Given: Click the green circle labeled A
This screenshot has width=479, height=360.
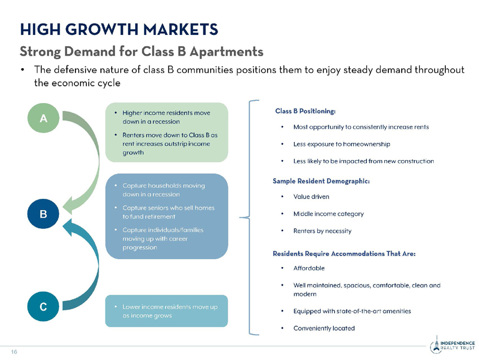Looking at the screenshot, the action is pyautogui.click(x=43, y=118).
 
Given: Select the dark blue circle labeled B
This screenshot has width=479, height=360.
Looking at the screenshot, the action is pyautogui.click(x=43, y=214).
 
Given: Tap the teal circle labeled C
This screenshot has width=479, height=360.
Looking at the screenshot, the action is pyautogui.click(x=43, y=306).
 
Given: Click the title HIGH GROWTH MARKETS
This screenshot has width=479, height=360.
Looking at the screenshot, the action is pyautogui.click(x=119, y=30).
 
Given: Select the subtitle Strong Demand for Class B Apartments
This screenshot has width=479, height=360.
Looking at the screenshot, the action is pyautogui.click(x=141, y=51).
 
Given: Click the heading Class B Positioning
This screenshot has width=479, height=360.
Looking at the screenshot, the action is pyautogui.click(x=305, y=111).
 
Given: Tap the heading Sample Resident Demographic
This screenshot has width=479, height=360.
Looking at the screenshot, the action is pyautogui.click(x=321, y=181).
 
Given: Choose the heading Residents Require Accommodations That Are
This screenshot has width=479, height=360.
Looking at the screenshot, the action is pyautogui.click(x=344, y=254).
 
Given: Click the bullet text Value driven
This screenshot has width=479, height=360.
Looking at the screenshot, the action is pyautogui.click(x=311, y=197).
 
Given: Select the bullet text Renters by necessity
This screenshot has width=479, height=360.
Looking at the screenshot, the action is pyautogui.click(x=322, y=231).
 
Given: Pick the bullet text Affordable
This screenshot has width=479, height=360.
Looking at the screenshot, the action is pyautogui.click(x=309, y=268).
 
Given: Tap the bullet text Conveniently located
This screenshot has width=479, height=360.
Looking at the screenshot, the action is pyautogui.click(x=324, y=328).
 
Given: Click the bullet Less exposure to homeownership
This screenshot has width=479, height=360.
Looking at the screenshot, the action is pyautogui.click(x=341, y=144).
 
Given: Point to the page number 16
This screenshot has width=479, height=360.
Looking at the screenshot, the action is pyautogui.click(x=14, y=352).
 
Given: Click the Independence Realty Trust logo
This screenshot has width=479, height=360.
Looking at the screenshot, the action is pyautogui.click(x=453, y=345).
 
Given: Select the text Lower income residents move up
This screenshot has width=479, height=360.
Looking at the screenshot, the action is pyautogui.click(x=170, y=307).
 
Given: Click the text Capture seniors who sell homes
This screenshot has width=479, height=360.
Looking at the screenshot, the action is pyautogui.click(x=168, y=208).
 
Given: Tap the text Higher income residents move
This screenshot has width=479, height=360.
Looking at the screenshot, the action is pyautogui.click(x=166, y=113).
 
